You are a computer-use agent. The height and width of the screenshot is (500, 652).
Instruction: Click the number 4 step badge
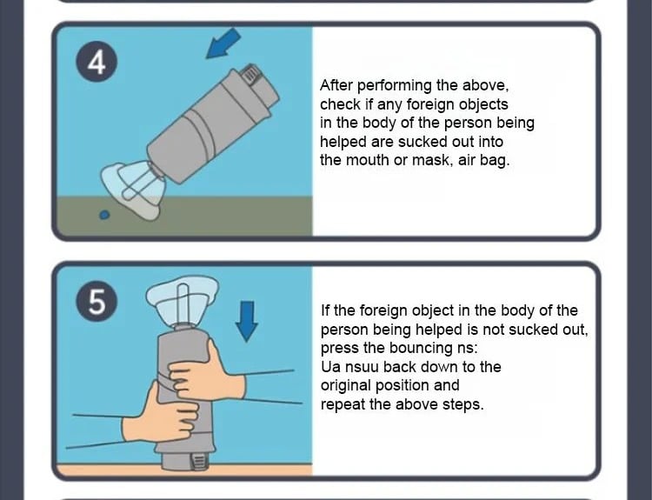[96, 62]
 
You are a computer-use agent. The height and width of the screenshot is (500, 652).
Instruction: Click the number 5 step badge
[96, 301]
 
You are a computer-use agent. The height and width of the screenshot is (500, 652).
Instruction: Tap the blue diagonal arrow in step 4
[223, 43]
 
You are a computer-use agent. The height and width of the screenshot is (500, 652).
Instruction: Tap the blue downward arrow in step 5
[247, 321]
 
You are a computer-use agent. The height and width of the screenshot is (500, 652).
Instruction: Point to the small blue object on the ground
[105, 215]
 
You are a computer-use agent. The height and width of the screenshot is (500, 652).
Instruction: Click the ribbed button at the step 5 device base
[198, 461]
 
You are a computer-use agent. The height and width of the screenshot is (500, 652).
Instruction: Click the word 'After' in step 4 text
[336, 85]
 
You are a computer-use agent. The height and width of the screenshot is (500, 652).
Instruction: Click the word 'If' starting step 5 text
[325, 310]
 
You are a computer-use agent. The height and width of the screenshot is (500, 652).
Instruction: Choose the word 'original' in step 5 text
[346, 385]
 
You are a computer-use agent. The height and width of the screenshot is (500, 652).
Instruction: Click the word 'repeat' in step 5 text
[343, 404]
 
